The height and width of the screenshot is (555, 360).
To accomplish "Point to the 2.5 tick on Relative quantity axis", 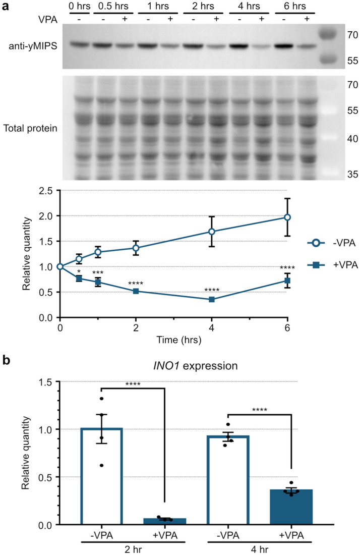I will [x=48, y=190].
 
